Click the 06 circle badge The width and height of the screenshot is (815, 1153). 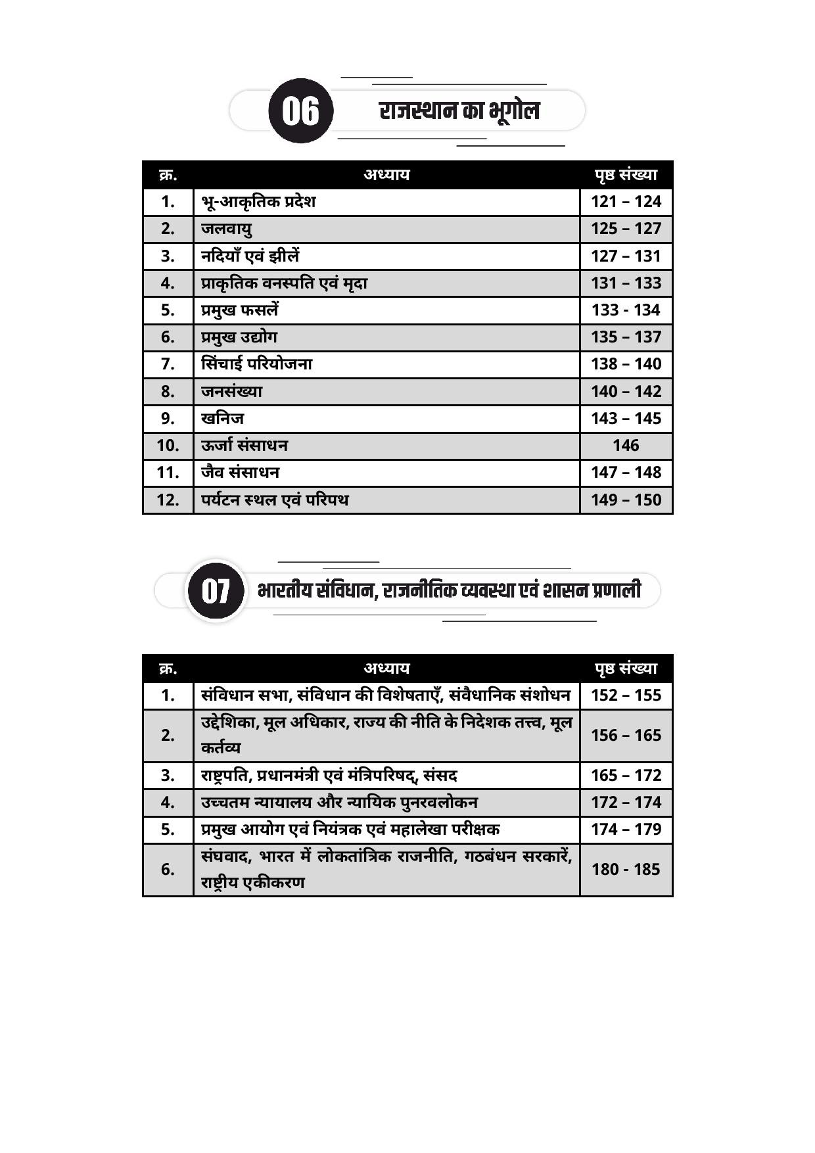point(301,110)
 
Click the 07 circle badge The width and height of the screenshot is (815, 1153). point(216,590)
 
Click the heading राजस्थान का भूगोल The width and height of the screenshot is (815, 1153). point(459,110)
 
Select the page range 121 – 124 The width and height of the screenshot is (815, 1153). point(626,202)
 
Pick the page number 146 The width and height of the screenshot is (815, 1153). point(626,446)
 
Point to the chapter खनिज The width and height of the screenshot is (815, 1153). point(222,418)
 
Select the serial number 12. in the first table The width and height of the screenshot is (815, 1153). point(168,500)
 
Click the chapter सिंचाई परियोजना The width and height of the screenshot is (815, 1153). point(256,364)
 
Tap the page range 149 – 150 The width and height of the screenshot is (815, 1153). point(626,500)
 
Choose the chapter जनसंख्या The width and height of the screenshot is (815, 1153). point(231,391)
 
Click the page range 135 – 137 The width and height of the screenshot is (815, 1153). point(626,337)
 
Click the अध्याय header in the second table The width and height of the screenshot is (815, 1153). point(386,668)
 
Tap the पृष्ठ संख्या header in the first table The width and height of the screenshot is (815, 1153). point(626,175)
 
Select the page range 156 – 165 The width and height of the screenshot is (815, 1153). point(626,735)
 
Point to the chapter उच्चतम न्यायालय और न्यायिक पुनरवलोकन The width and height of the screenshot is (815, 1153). point(339,802)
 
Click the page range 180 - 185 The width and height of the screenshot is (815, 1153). point(626,869)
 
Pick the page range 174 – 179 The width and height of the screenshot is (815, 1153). point(626,829)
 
